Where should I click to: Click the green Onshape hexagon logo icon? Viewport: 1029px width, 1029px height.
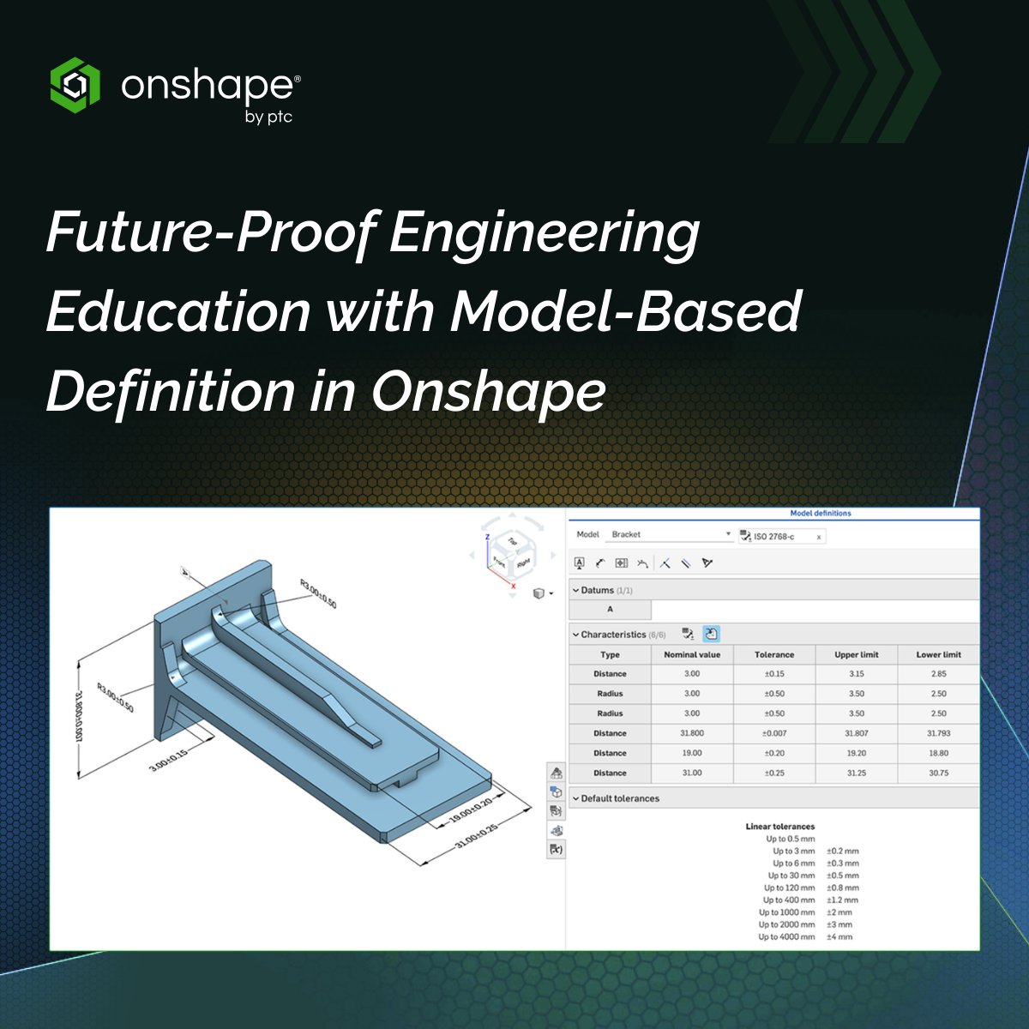(75, 84)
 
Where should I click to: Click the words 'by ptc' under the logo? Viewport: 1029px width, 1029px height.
(268, 117)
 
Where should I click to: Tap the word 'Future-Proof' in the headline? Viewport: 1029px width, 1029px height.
(210, 233)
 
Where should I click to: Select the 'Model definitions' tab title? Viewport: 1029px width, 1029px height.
(820, 514)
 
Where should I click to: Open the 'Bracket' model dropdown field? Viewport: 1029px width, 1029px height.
(669, 534)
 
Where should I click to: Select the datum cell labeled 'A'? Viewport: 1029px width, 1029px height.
(610, 610)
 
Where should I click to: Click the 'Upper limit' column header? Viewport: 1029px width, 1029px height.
(856, 654)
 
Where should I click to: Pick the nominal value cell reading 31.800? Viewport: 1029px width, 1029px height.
(691, 733)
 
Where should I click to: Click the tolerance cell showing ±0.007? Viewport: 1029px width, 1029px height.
(773, 733)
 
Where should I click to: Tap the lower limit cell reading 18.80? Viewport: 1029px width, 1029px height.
(938, 753)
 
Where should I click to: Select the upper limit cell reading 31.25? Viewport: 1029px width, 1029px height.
(856, 773)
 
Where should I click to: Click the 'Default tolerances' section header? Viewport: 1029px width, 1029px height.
(619, 798)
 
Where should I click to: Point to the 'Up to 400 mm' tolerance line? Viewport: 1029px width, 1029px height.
(789, 900)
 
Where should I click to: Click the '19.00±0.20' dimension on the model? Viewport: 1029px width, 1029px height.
(471, 811)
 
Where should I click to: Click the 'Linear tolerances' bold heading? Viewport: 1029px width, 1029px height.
(779, 827)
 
